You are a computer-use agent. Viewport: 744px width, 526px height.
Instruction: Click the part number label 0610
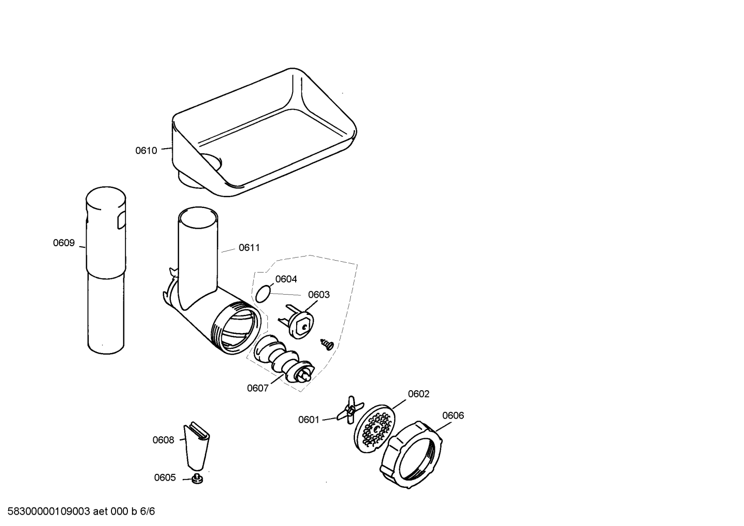[x=146, y=151]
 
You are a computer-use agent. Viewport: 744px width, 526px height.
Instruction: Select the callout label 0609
[x=64, y=243]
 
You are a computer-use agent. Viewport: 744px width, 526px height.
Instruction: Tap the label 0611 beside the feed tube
[x=249, y=248]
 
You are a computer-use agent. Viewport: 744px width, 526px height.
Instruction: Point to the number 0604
[x=286, y=279]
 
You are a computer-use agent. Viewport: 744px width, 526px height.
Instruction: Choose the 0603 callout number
[x=319, y=295]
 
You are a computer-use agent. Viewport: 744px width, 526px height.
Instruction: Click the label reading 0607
[x=257, y=388]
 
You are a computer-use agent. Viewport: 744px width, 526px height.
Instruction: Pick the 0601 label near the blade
[x=309, y=420]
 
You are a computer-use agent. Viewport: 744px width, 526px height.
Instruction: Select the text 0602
[x=418, y=394]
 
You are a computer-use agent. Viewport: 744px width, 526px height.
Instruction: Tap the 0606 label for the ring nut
[x=453, y=416]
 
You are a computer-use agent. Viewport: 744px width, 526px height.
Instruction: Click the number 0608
[x=163, y=440]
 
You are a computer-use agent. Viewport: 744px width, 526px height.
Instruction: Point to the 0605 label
[x=165, y=477]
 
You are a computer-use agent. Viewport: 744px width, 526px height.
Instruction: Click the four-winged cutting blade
[x=350, y=410]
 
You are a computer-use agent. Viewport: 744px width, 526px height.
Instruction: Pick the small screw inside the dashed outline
[x=327, y=344]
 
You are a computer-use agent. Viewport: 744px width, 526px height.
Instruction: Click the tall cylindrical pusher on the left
[x=106, y=270]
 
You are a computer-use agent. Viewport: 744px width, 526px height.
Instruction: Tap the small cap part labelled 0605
[x=197, y=479]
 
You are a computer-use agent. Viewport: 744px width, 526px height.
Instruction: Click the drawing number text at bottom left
[x=81, y=511]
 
